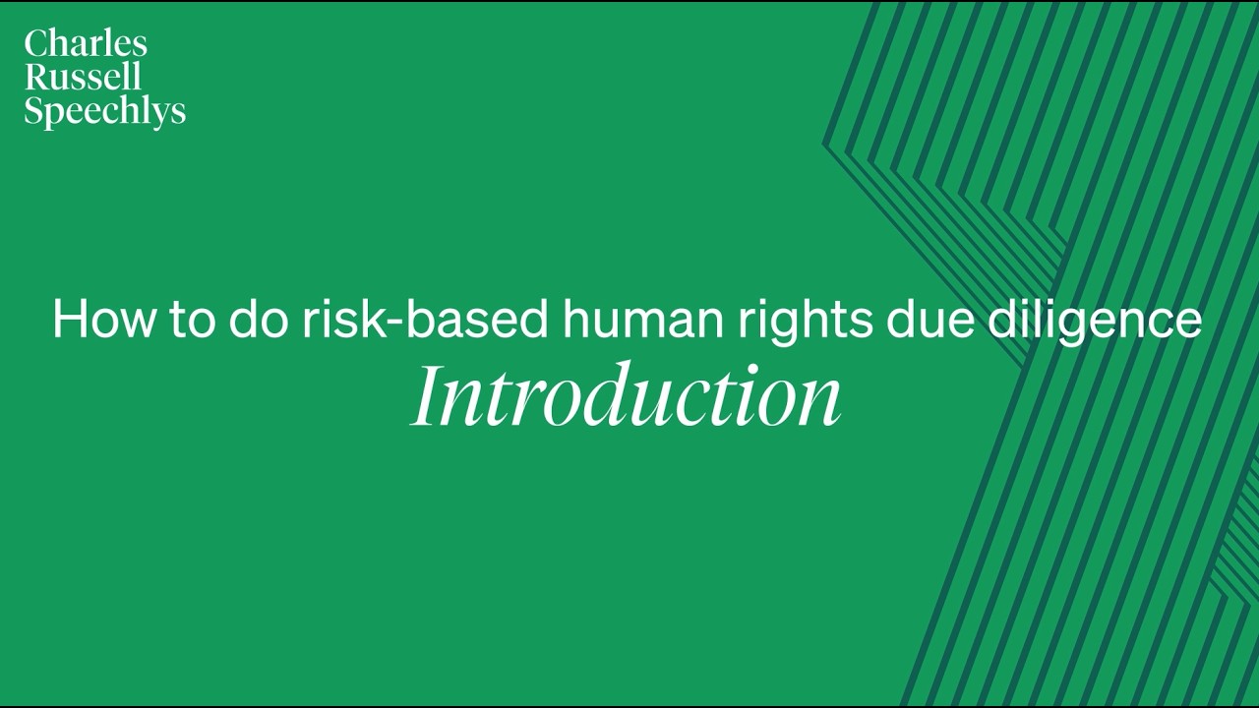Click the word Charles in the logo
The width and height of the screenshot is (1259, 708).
(86, 43)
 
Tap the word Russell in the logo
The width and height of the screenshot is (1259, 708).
(83, 77)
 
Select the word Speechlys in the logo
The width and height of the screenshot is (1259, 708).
(104, 111)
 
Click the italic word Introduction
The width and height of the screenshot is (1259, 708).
(627, 396)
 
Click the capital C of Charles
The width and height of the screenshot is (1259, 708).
(37, 43)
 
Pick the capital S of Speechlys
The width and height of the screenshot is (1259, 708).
(33, 110)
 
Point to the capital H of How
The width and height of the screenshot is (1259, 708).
(72, 320)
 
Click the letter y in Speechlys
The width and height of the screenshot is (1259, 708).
(161, 115)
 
